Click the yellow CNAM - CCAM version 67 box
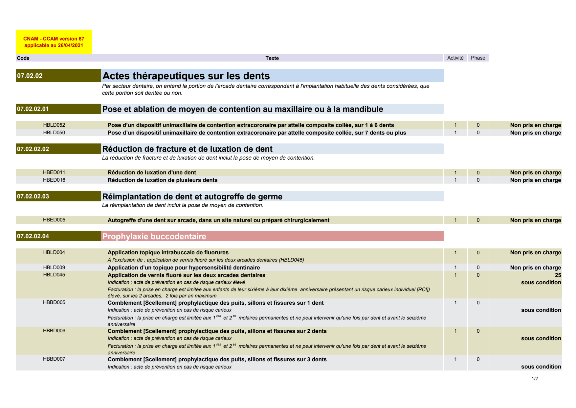(54, 42)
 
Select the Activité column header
(455, 58)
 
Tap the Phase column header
(478, 58)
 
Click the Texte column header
(272, 58)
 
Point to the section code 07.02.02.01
(33, 109)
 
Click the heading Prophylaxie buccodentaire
(154, 236)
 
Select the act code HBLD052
(54, 125)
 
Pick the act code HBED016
(54, 180)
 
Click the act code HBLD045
(54, 275)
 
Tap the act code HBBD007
(54, 359)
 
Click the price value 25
(558, 275)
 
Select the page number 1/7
(535, 379)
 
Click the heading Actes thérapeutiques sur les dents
(186, 76)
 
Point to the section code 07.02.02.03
(33, 196)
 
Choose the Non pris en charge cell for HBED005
(535, 220)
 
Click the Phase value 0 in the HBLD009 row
(478, 268)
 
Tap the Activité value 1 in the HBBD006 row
(455, 331)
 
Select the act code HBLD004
(54, 252)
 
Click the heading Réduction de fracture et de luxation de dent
(188, 149)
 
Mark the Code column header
(23, 58)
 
